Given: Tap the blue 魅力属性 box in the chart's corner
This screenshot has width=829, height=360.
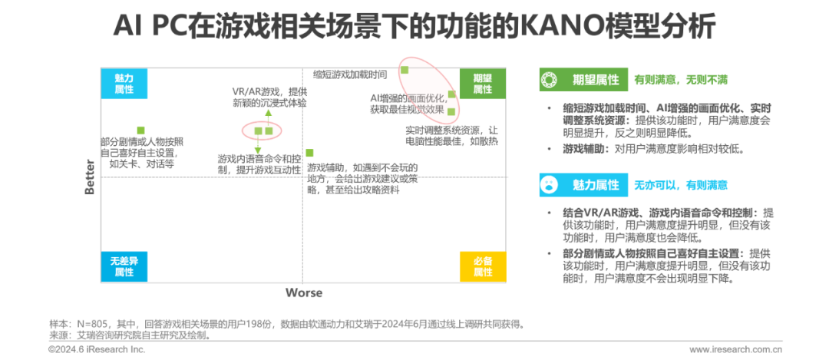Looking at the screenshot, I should [x=124, y=83].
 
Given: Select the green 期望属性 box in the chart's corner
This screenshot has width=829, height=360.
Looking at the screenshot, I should [x=482, y=83].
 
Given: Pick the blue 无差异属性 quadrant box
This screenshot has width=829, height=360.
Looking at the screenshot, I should [x=124, y=266].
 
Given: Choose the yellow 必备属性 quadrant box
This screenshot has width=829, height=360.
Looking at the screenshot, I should [x=482, y=266].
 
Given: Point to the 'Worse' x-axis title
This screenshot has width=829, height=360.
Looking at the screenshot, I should [x=304, y=292].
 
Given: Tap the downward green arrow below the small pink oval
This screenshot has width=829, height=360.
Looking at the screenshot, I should [x=258, y=148].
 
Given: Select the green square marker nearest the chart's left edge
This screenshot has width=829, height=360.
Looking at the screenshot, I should [x=140, y=130].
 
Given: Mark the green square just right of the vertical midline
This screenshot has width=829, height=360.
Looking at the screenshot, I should [x=309, y=153].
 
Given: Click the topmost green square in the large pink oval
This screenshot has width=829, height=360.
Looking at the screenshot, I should [x=405, y=70].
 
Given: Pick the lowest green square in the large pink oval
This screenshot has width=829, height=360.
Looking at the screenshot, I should [x=451, y=111].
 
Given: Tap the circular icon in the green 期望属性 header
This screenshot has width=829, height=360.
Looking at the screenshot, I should [x=550, y=79].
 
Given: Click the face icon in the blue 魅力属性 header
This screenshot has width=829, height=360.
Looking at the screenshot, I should [x=550, y=184].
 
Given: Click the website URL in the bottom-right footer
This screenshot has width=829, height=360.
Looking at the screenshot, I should [x=735, y=349].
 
